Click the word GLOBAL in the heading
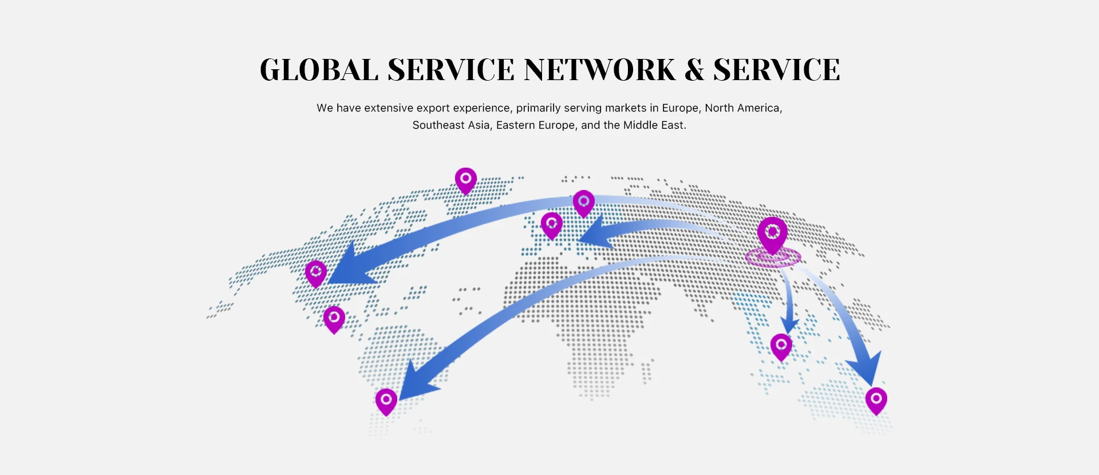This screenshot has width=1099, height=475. point(319,70)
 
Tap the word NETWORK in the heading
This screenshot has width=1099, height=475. point(600,70)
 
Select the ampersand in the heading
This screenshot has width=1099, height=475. point(694,70)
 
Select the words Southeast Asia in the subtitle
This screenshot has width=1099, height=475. point(451,125)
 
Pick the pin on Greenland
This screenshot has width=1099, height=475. point(466,180)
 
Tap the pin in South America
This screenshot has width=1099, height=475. point(386,401)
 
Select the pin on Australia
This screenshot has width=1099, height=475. point(876,399)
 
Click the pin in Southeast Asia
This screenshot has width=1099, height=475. point(781,346)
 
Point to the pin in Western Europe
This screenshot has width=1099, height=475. point(552,224)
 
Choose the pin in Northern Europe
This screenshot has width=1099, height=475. point(584,203)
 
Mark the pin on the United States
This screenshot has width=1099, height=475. point(316,272)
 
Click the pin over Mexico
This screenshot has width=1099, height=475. point(334,318)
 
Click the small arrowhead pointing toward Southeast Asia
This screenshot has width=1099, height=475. point(790,325)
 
